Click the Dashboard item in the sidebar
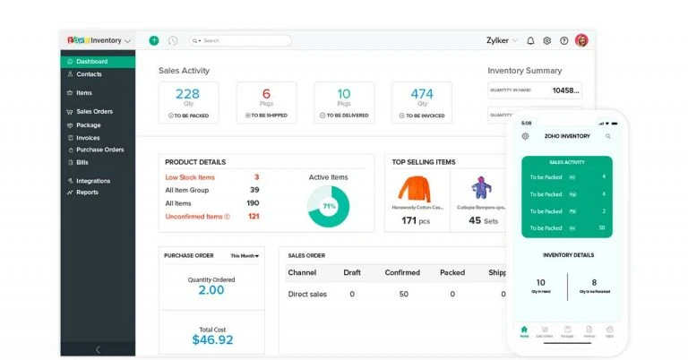click(x=91, y=62)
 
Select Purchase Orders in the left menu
click(x=99, y=150)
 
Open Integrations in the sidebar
click(x=93, y=181)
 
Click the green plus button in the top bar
click(x=154, y=40)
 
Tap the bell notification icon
click(x=530, y=40)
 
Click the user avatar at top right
click(x=581, y=40)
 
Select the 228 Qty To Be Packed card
click(x=187, y=101)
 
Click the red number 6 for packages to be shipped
click(x=266, y=94)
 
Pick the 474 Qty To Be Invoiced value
click(x=421, y=94)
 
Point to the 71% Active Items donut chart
click(x=328, y=205)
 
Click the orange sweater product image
click(x=415, y=189)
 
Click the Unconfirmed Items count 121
click(x=254, y=216)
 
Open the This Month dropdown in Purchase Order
click(x=245, y=256)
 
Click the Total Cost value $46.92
click(x=211, y=339)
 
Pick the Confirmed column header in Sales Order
click(x=402, y=272)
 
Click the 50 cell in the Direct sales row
click(x=402, y=294)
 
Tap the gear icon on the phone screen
click(x=526, y=136)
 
